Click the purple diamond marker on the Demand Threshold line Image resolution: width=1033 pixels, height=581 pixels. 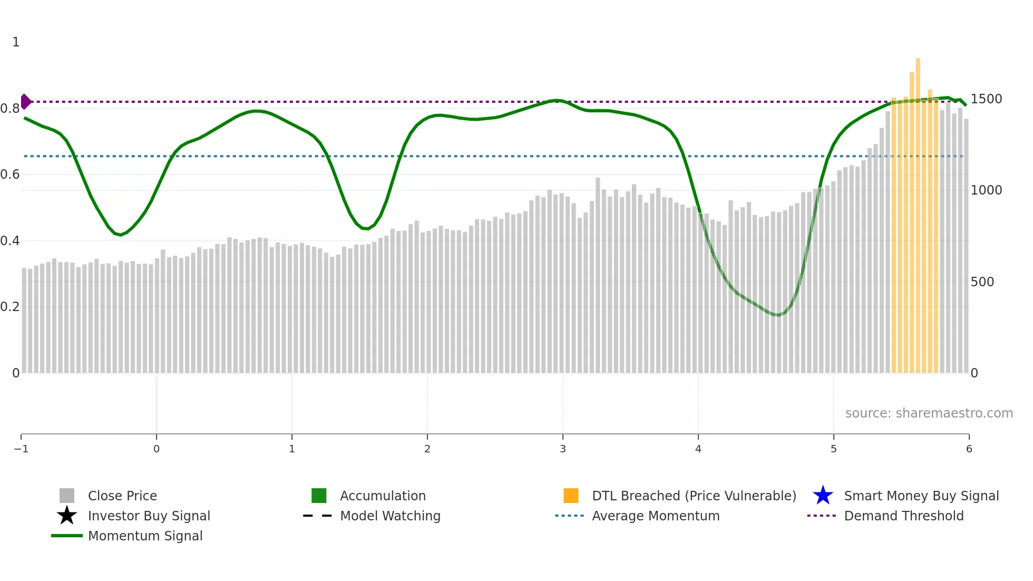click(x=26, y=101)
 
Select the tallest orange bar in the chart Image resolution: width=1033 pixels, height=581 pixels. click(x=918, y=211)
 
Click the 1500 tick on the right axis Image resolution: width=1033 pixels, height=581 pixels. click(x=986, y=99)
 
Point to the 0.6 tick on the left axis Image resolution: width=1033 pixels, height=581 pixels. click(x=10, y=175)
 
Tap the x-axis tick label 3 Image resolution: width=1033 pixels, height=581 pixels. click(x=563, y=449)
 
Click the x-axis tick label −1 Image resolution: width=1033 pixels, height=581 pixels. click(x=21, y=449)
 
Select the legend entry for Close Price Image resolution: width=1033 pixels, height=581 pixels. click(x=122, y=496)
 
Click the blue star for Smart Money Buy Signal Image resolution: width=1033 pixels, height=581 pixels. click(x=823, y=496)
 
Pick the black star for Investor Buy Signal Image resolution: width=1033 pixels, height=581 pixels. click(x=67, y=516)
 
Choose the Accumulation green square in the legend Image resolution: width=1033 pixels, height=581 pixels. click(x=319, y=496)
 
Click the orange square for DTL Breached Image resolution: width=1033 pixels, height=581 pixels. click(x=571, y=496)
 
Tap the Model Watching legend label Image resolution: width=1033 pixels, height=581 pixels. click(x=390, y=516)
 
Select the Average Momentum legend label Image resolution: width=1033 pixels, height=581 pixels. click(x=656, y=516)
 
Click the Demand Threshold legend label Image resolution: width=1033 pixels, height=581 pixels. click(x=904, y=516)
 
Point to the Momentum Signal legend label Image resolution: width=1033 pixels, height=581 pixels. click(x=145, y=536)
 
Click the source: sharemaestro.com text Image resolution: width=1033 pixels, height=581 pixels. click(x=929, y=413)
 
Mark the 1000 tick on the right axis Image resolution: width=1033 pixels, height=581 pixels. click(x=986, y=190)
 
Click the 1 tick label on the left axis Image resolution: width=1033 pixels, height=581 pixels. click(x=16, y=42)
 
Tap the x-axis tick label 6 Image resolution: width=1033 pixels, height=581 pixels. click(x=969, y=449)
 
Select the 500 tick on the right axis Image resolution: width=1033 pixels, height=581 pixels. click(x=982, y=282)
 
